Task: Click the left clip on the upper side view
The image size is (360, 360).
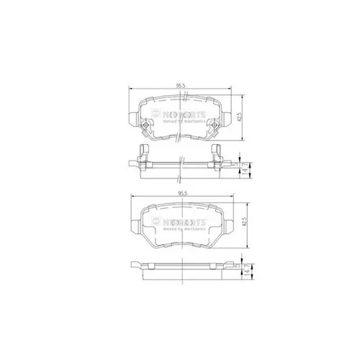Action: [143, 154]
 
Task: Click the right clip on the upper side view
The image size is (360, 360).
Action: [217, 154]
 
